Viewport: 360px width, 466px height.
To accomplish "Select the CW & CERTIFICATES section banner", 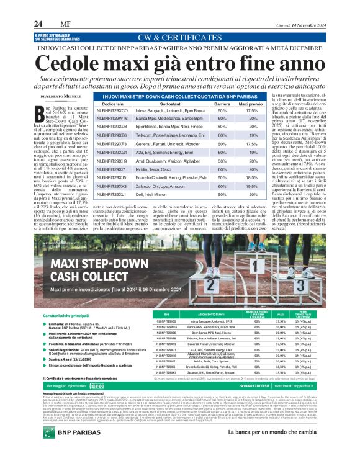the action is click(x=179, y=37).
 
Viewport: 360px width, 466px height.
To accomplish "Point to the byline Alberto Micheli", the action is click(x=63, y=97).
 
